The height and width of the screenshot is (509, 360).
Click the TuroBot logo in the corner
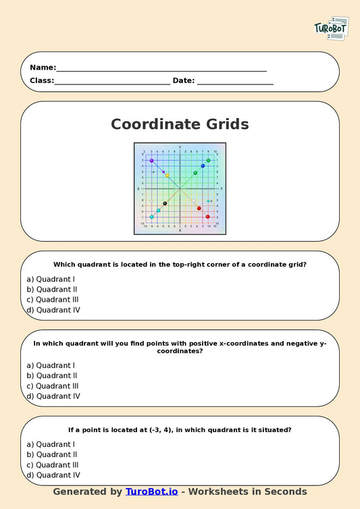(331, 28)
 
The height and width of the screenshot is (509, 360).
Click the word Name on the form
(42, 68)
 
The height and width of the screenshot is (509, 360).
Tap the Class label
(41, 80)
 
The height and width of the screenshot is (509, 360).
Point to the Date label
(184, 80)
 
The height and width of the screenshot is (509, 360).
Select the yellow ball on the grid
(168, 176)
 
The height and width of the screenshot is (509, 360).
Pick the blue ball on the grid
(203, 166)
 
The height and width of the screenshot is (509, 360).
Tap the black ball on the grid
(165, 203)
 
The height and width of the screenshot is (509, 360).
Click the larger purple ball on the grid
(152, 161)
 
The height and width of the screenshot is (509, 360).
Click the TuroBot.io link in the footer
(152, 491)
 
